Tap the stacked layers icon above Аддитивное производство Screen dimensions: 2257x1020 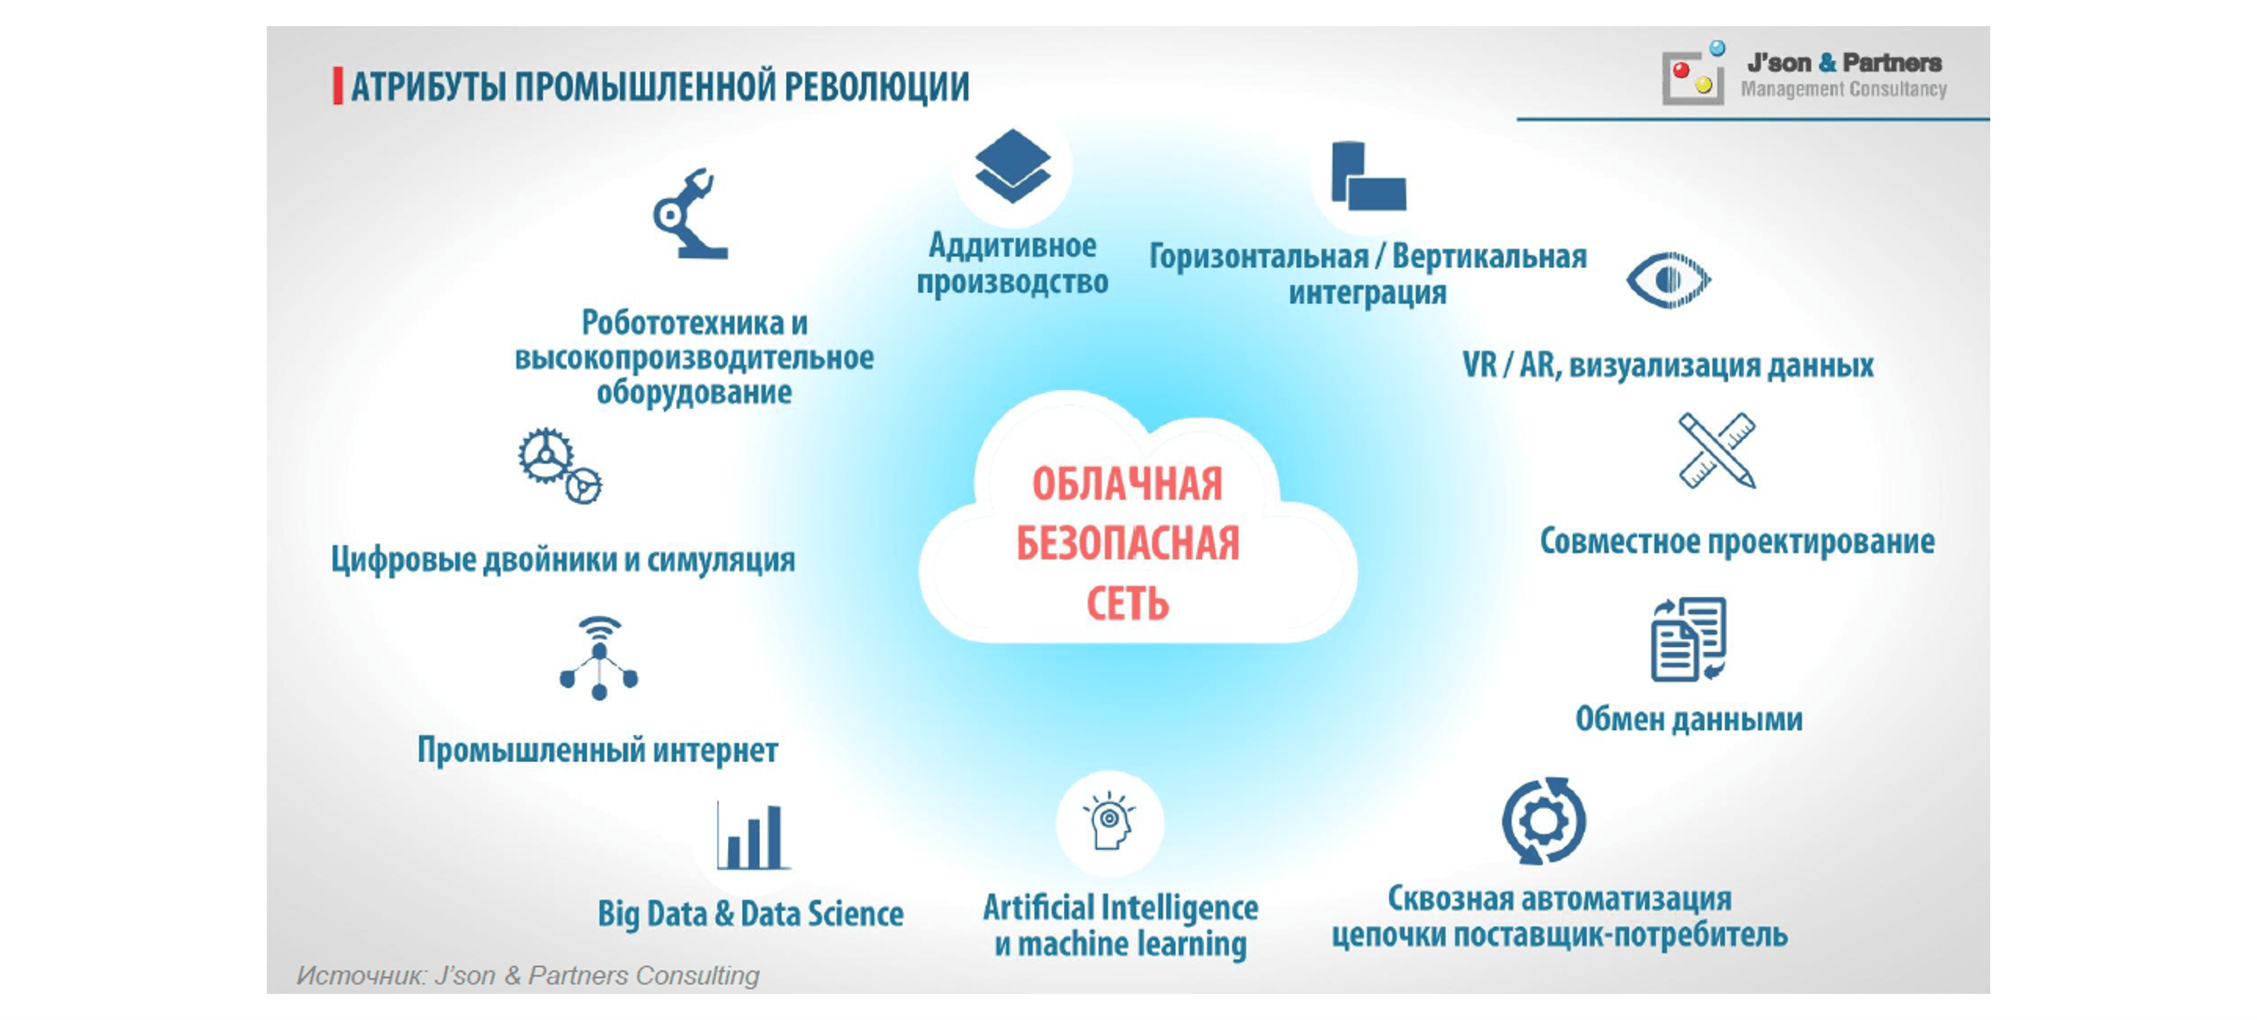[1013, 165]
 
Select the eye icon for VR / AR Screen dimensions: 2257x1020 [1668, 279]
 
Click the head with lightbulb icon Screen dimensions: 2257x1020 [1109, 821]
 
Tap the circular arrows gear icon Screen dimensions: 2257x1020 [1543, 821]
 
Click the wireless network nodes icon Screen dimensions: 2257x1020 [599, 658]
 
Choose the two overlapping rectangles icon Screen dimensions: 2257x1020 [1368, 175]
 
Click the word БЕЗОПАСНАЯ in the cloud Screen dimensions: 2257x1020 [1127, 543]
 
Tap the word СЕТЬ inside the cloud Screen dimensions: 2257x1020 [1127, 604]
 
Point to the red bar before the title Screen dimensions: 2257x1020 [338, 86]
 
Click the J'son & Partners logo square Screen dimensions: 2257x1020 [1693, 77]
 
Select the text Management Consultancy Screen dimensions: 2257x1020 [1843, 89]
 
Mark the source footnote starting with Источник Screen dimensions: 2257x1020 [528, 975]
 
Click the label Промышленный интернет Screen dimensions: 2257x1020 [598, 750]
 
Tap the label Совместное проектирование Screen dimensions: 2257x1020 [1738, 542]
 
